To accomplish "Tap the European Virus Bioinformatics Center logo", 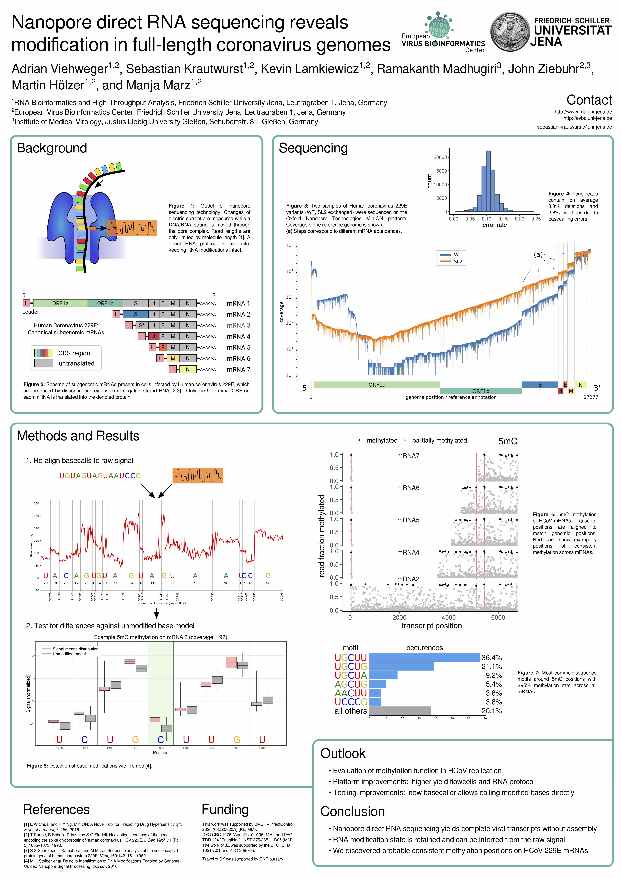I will click(x=443, y=33).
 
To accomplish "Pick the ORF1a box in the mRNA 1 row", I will click(x=60, y=303).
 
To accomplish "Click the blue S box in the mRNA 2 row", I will click(x=135, y=314).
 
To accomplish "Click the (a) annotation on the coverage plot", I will click(x=538, y=255).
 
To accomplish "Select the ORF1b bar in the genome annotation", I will click(x=481, y=391).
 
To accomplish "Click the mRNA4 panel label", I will click(x=408, y=552).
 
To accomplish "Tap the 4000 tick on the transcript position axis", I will click(x=449, y=617).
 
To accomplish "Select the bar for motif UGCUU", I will click(x=424, y=657).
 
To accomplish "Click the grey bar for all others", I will click(x=400, y=711).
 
